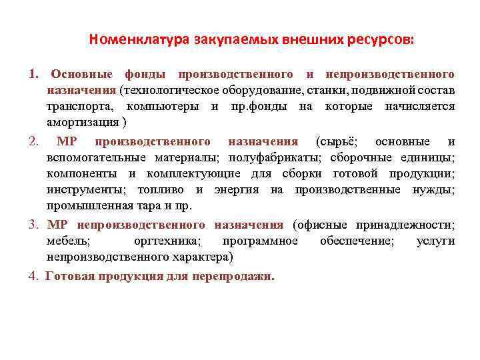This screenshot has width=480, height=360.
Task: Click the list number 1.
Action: pos(33,73)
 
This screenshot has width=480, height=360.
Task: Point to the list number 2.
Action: pos(33,141)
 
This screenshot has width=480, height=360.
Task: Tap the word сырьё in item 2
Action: pos(338,141)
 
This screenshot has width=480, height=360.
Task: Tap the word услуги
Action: pos(435,241)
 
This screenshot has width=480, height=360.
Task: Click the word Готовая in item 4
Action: pos(69,276)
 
